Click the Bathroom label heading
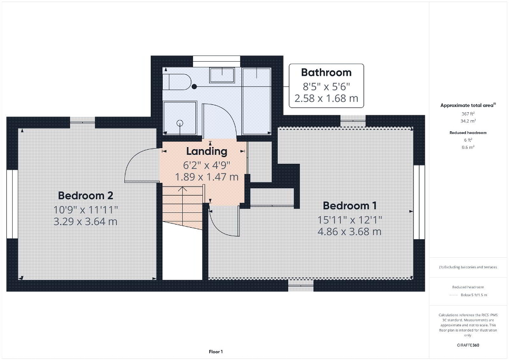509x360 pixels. pyautogui.click(x=326, y=72)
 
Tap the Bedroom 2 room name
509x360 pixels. pyautogui.click(x=86, y=196)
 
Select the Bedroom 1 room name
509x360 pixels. pyautogui.click(x=350, y=206)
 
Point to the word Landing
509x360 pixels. pyautogui.click(x=207, y=151)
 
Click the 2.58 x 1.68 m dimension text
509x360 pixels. pyautogui.click(x=326, y=98)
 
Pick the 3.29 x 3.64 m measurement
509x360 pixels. pyautogui.click(x=85, y=221)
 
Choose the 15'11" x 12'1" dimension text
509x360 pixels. pyautogui.click(x=350, y=220)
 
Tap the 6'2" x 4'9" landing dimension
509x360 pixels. pyautogui.click(x=207, y=165)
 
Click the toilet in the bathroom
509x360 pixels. pyautogui.click(x=177, y=82)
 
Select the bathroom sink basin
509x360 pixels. pyautogui.click(x=222, y=75)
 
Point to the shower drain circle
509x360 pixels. pyautogui.click(x=180, y=123)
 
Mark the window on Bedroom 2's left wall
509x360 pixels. pyautogui.click(x=12, y=204)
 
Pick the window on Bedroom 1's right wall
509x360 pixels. pyautogui.click(x=419, y=202)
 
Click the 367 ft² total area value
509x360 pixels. pyautogui.click(x=468, y=114)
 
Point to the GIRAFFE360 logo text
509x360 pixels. pyautogui.click(x=468, y=345)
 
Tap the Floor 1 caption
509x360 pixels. pyautogui.click(x=216, y=352)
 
